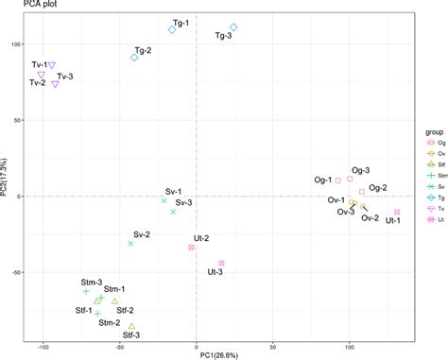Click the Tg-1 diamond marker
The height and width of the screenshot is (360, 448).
[172, 29]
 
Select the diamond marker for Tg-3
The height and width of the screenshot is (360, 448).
[233, 27]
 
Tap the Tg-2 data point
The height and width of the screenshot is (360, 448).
[134, 58]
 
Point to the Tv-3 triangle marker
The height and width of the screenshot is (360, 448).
[56, 84]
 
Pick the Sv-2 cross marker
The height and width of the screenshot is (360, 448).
[130, 243]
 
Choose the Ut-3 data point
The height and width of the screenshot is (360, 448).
[221, 263]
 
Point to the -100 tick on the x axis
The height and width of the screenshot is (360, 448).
[42, 344]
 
